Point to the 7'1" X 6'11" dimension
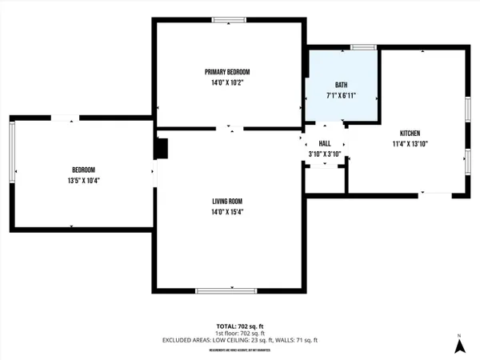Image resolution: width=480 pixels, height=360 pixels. pyautogui.click(x=342, y=95)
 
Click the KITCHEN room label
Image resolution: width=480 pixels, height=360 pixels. pyautogui.click(x=410, y=133)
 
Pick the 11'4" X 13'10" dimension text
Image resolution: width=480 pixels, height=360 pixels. pyautogui.click(x=410, y=144)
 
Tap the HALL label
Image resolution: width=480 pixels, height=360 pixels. pyautogui.click(x=325, y=142)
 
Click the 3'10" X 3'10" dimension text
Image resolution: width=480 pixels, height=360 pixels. pyautogui.click(x=325, y=153)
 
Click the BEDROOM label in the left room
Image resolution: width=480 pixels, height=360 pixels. pyautogui.click(x=84, y=170)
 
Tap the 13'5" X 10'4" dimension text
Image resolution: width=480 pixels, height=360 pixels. pyautogui.click(x=84, y=180)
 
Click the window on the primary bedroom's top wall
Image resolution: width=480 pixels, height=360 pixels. pyautogui.click(x=229, y=20)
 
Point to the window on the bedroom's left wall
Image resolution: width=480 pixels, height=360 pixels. pyautogui.click(x=12, y=150)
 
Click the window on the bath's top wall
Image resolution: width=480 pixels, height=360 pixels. pyautogui.click(x=364, y=47)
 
